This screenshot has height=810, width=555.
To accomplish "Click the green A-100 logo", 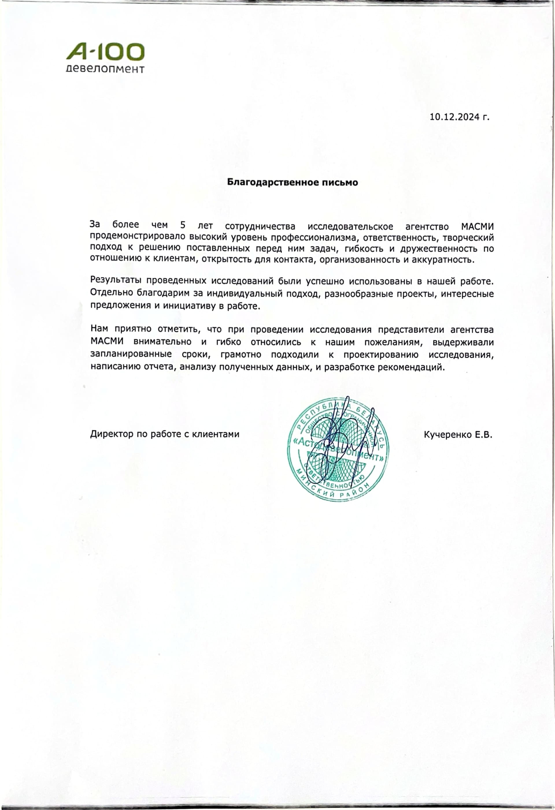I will point(105,53).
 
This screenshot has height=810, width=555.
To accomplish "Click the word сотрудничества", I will point(260,226).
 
